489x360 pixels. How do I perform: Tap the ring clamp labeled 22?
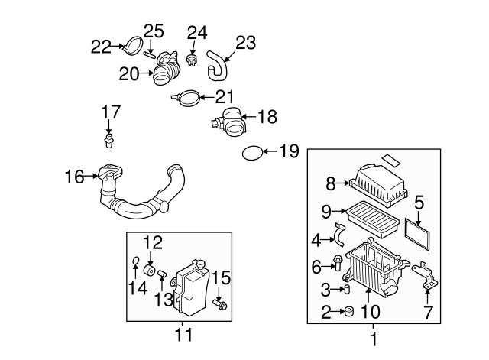coord(133,47)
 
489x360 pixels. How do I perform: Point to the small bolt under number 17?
coord(109,141)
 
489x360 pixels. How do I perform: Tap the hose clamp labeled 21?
coord(188,97)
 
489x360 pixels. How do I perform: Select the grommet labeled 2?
coord(348,311)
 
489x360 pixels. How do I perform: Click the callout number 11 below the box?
coord(180,334)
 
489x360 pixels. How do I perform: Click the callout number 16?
coord(74,177)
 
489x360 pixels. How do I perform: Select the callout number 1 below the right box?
coord(374,338)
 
